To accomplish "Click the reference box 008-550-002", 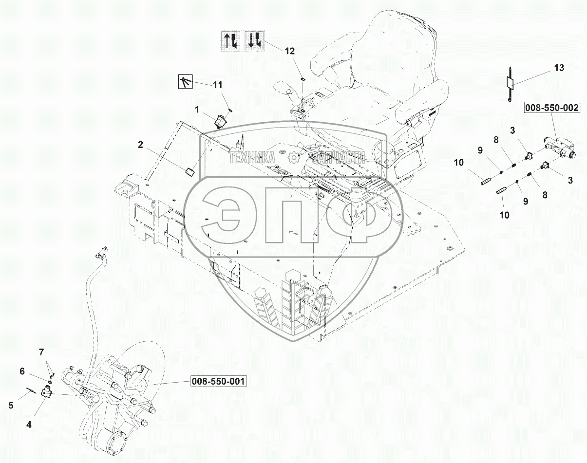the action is (552, 108).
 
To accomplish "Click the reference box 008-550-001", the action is (218, 381).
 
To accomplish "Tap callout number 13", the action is (559, 68).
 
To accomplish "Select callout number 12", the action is (289, 51).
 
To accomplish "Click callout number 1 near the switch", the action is (197, 110).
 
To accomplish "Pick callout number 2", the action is (140, 144).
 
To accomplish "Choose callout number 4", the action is (29, 425).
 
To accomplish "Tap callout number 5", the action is (11, 404).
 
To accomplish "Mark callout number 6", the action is (22, 371).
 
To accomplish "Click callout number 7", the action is (41, 352).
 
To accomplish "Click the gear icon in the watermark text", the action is (293, 157).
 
